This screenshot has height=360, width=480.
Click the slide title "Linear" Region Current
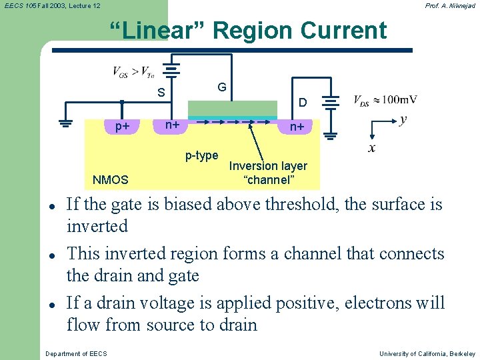pyautogui.click(x=247, y=31)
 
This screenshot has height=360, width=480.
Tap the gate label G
pyautogui.click(x=221, y=87)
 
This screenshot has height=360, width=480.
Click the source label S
pyautogui.click(x=161, y=93)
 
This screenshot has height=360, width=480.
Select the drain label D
pyautogui.click(x=303, y=103)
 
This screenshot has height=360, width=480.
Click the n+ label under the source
pyautogui.click(x=172, y=124)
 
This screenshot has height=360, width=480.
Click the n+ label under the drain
pyautogui.click(x=296, y=127)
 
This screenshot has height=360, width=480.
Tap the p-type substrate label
pyautogui.click(x=201, y=155)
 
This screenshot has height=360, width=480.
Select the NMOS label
pyautogui.click(x=111, y=179)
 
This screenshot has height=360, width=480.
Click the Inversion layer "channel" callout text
pyautogui.click(x=268, y=173)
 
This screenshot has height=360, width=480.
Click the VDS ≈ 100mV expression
pyautogui.click(x=385, y=100)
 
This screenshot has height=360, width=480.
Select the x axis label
pyautogui.click(x=371, y=148)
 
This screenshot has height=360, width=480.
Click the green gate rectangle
pyautogui.click(x=232, y=108)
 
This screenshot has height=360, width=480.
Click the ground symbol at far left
pyautogui.click(x=65, y=123)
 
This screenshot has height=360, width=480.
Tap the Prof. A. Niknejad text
pyautogui.click(x=450, y=5)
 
